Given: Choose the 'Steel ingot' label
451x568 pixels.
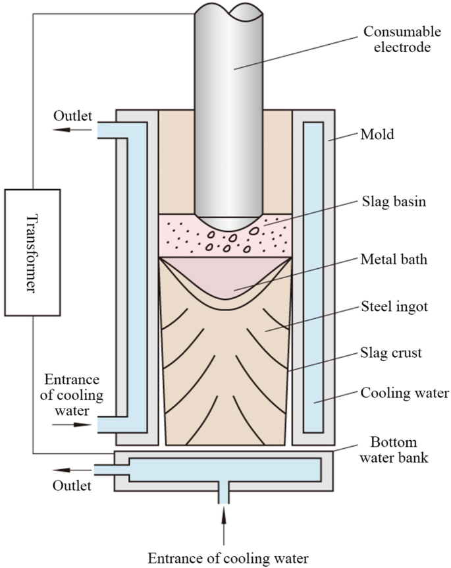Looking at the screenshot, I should (x=394, y=307).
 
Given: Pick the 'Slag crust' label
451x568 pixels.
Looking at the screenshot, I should (x=391, y=353).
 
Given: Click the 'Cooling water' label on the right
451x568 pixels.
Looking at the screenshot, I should (x=404, y=394).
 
